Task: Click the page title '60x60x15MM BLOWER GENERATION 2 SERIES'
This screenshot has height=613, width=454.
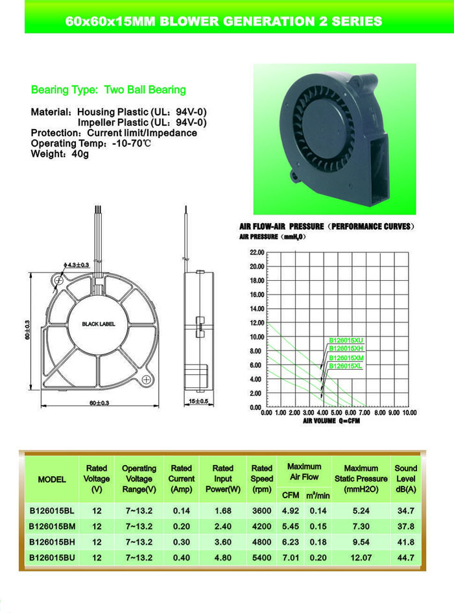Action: [x=224, y=21]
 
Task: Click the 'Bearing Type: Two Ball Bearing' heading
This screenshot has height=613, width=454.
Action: [x=108, y=90]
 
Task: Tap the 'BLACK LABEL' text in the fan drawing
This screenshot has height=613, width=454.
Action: [x=99, y=324]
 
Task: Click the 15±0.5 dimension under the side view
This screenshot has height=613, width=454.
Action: [x=198, y=402]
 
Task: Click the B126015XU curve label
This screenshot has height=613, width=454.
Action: [x=346, y=340]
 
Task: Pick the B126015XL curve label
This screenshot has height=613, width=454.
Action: [x=346, y=366]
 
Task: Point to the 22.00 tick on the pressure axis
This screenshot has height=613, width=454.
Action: [x=256, y=252]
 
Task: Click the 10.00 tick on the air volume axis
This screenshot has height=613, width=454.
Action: [x=409, y=413]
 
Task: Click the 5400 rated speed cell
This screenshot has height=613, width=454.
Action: [x=261, y=557]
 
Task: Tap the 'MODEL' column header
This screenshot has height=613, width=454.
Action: [x=52, y=479]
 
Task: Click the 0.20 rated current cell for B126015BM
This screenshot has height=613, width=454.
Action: [x=181, y=525]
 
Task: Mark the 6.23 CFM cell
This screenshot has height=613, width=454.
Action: [x=290, y=541]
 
